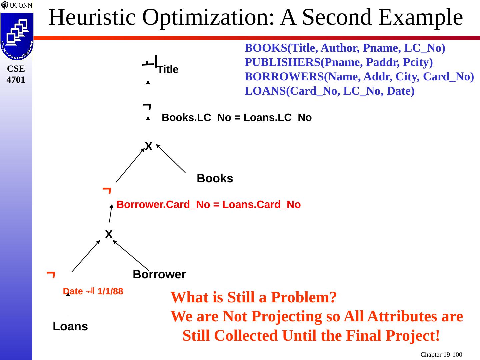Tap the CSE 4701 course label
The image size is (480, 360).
[x=16, y=74]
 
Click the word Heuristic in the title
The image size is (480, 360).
[x=92, y=17]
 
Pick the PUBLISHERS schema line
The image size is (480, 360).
[x=339, y=62]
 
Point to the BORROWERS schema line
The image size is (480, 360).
[x=359, y=77]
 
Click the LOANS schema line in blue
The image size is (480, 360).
[x=329, y=91]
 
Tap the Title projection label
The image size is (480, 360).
[x=168, y=70]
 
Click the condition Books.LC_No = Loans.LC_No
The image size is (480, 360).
[x=236, y=118]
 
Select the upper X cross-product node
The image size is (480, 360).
[x=149, y=146]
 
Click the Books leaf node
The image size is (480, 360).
[x=215, y=179]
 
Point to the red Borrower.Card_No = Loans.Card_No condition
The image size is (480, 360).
[x=208, y=205]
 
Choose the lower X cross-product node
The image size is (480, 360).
[x=109, y=235]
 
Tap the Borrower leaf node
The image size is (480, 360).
[x=159, y=275]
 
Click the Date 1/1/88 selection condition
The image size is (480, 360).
[x=93, y=292]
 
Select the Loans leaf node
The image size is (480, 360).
[x=70, y=327]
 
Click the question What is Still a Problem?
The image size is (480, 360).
[x=253, y=297]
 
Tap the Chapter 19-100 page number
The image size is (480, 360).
[x=441, y=355]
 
